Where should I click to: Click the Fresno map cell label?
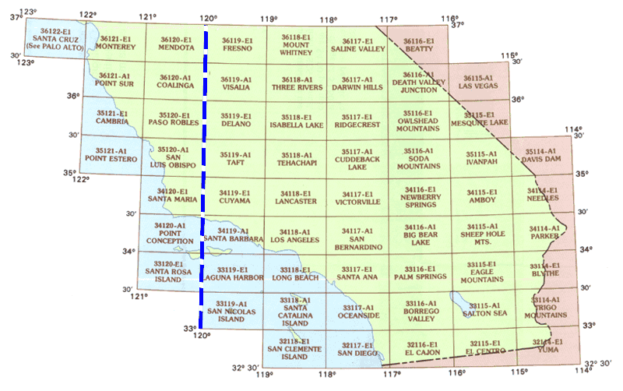pyautogui.click(x=235, y=48)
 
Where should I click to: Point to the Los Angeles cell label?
pyautogui.click(x=296, y=241)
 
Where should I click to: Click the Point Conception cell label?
pyautogui.click(x=170, y=238)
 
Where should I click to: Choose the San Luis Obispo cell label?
pyautogui.click(x=173, y=160)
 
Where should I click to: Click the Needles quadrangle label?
pyautogui.click(x=543, y=198)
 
